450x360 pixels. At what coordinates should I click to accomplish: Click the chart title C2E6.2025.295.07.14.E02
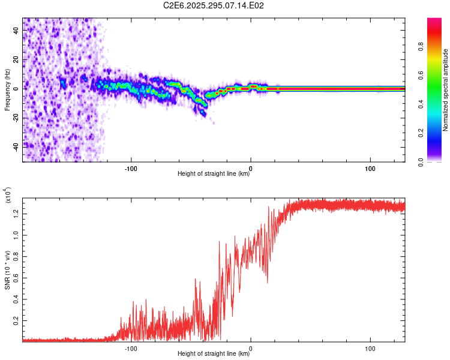click(x=214, y=5)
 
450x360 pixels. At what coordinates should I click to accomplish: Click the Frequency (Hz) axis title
click(x=7, y=90)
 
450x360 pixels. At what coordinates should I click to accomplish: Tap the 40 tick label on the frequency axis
click(x=16, y=32)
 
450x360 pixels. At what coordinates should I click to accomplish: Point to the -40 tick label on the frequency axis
click(x=15, y=145)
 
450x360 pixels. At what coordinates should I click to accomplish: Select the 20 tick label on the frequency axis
click(x=16, y=60)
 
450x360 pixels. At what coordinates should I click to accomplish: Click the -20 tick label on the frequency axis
click(x=15, y=117)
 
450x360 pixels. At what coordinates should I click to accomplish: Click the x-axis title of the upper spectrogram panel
click(x=214, y=174)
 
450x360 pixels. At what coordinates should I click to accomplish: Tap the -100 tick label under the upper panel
click(x=131, y=167)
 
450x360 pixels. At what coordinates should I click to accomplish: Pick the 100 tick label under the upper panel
click(x=370, y=167)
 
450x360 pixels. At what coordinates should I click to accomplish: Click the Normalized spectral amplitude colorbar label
click(x=446, y=90)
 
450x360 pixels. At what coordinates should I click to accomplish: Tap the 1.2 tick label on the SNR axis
click(x=15, y=213)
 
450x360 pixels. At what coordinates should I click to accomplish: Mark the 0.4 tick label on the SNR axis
click(x=15, y=299)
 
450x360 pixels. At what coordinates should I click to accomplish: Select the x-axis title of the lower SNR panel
click(x=214, y=354)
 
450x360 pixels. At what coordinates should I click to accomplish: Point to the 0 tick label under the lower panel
click(x=251, y=347)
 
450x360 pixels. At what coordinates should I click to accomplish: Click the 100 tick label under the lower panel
click(x=370, y=347)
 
